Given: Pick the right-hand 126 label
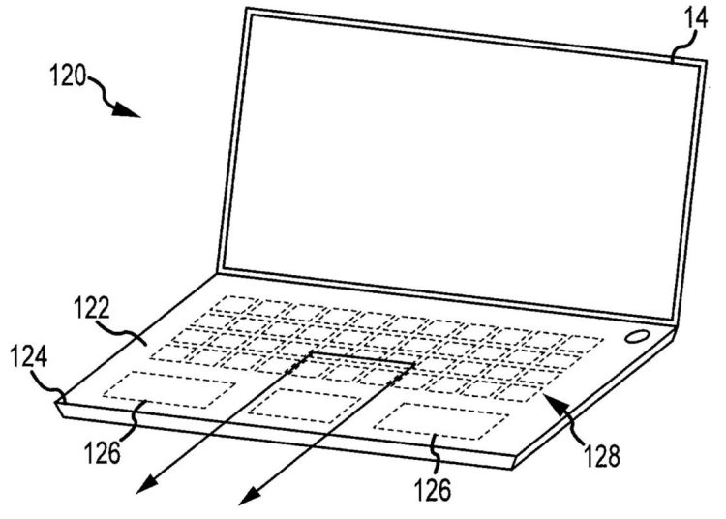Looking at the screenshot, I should pos(434,489).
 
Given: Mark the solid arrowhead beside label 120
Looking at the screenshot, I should pos(127,110).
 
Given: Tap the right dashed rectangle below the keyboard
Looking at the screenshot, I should pos(441,422).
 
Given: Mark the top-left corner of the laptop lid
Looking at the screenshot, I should pos(248,10).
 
